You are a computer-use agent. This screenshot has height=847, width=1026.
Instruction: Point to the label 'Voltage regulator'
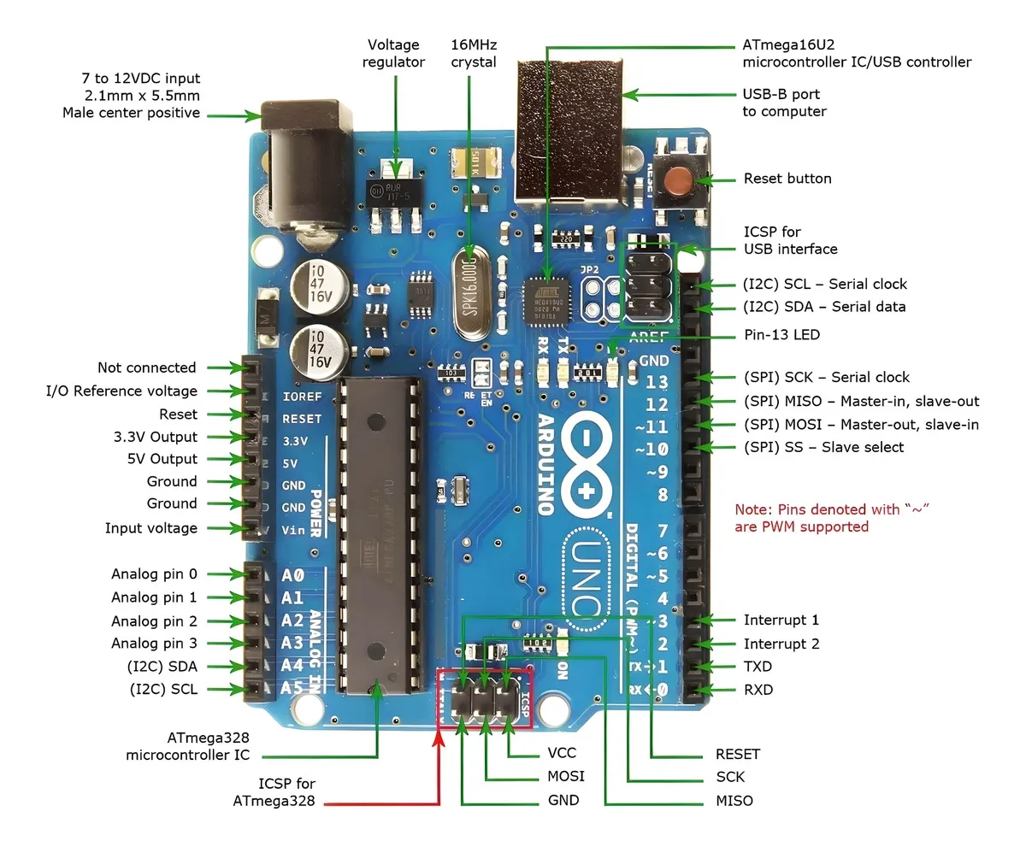click(x=393, y=53)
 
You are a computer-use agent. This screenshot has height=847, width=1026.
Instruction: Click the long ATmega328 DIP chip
click(x=380, y=534)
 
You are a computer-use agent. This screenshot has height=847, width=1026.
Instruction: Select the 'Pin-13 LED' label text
click(x=781, y=335)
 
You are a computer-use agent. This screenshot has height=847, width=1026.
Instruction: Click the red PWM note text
click(x=831, y=518)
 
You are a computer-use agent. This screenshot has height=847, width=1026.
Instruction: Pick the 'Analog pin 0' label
click(x=154, y=574)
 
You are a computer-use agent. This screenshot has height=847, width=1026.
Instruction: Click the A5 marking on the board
click(x=292, y=688)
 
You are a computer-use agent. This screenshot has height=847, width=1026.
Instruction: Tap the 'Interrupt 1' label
click(x=781, y=621)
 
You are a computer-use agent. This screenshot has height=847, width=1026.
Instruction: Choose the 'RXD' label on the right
click(x=758, y=689)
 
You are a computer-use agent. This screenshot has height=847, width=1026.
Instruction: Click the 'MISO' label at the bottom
click(x=734, y=801)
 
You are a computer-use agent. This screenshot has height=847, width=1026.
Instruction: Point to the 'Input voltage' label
click(x=150, y=528)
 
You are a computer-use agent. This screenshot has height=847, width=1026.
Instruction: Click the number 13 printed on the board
click(x=657, y=382)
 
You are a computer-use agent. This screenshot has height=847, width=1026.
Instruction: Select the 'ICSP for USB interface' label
click(x=790, y=240)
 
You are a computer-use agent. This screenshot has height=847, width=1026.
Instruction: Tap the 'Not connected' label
click(x=146, y=368)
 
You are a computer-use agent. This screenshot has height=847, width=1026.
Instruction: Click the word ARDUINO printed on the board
click(x=547, y=465)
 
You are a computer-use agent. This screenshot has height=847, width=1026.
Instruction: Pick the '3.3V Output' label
click(x=155, y=437)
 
